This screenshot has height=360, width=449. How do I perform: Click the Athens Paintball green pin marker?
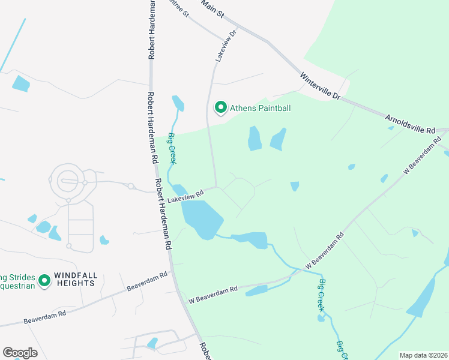(220, 108)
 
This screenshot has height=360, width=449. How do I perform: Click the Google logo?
(20, 353)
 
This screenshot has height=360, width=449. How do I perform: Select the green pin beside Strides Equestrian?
(43, 280)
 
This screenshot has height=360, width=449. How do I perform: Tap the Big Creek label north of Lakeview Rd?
(172, 148)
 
